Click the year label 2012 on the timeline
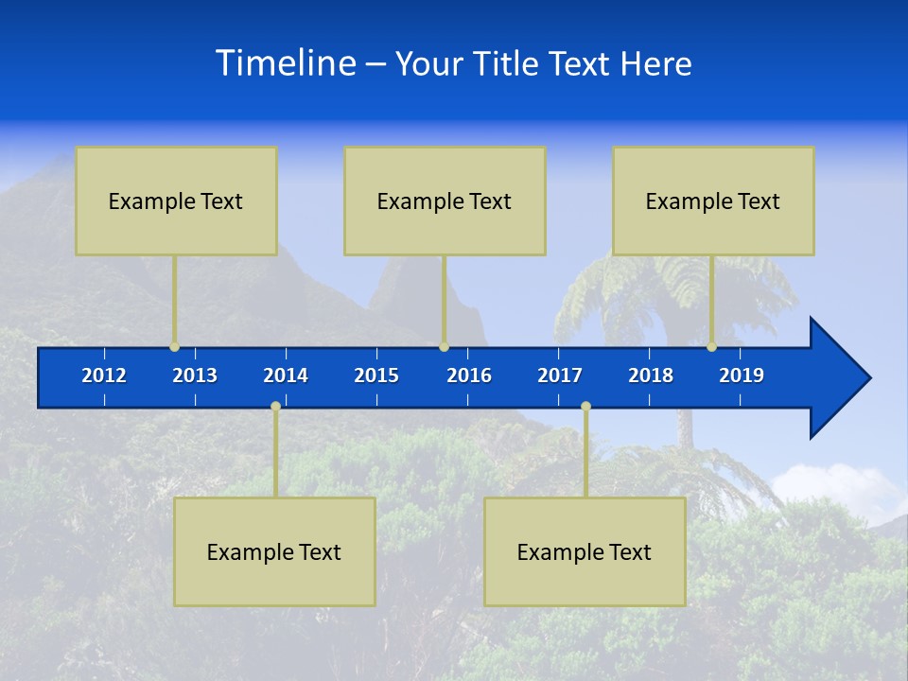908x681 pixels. pyautogui.click(x=104, y=375)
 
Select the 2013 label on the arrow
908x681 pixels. pyautogui.click(x=195, y=375)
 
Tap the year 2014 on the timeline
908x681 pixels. pyautogui.click(x=286, y=375)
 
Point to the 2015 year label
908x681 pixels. pyautogui.click(x=376, y=375)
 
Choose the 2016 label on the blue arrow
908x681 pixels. pyautogui.click(x=469, y=375)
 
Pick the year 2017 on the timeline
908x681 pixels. pyautogui.click(x=560, y=375)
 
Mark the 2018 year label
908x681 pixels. pyautogui.click(x=651, y=375)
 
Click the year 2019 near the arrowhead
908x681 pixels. pyautogui.click(x=742, y=375)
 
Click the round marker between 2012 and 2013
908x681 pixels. pyautogui.click(x=174, y=347)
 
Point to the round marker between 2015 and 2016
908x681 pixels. pyautogui.click(x=444, y=347)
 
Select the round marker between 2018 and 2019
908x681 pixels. pyautogui.click(x=712, y=347)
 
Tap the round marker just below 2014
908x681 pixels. pyautogui.click(x=275, y=407)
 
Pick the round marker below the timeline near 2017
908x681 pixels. pyautogui.click(x=585, y=407)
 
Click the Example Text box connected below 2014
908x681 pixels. pyautogui.click(x=274, y=551)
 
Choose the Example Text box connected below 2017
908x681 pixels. pyautogui.click(x=585, y=551)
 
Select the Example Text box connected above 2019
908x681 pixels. pyautogui.click(x=713, y=201)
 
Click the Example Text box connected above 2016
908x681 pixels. pyautogui.click(x=445, y=201)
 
